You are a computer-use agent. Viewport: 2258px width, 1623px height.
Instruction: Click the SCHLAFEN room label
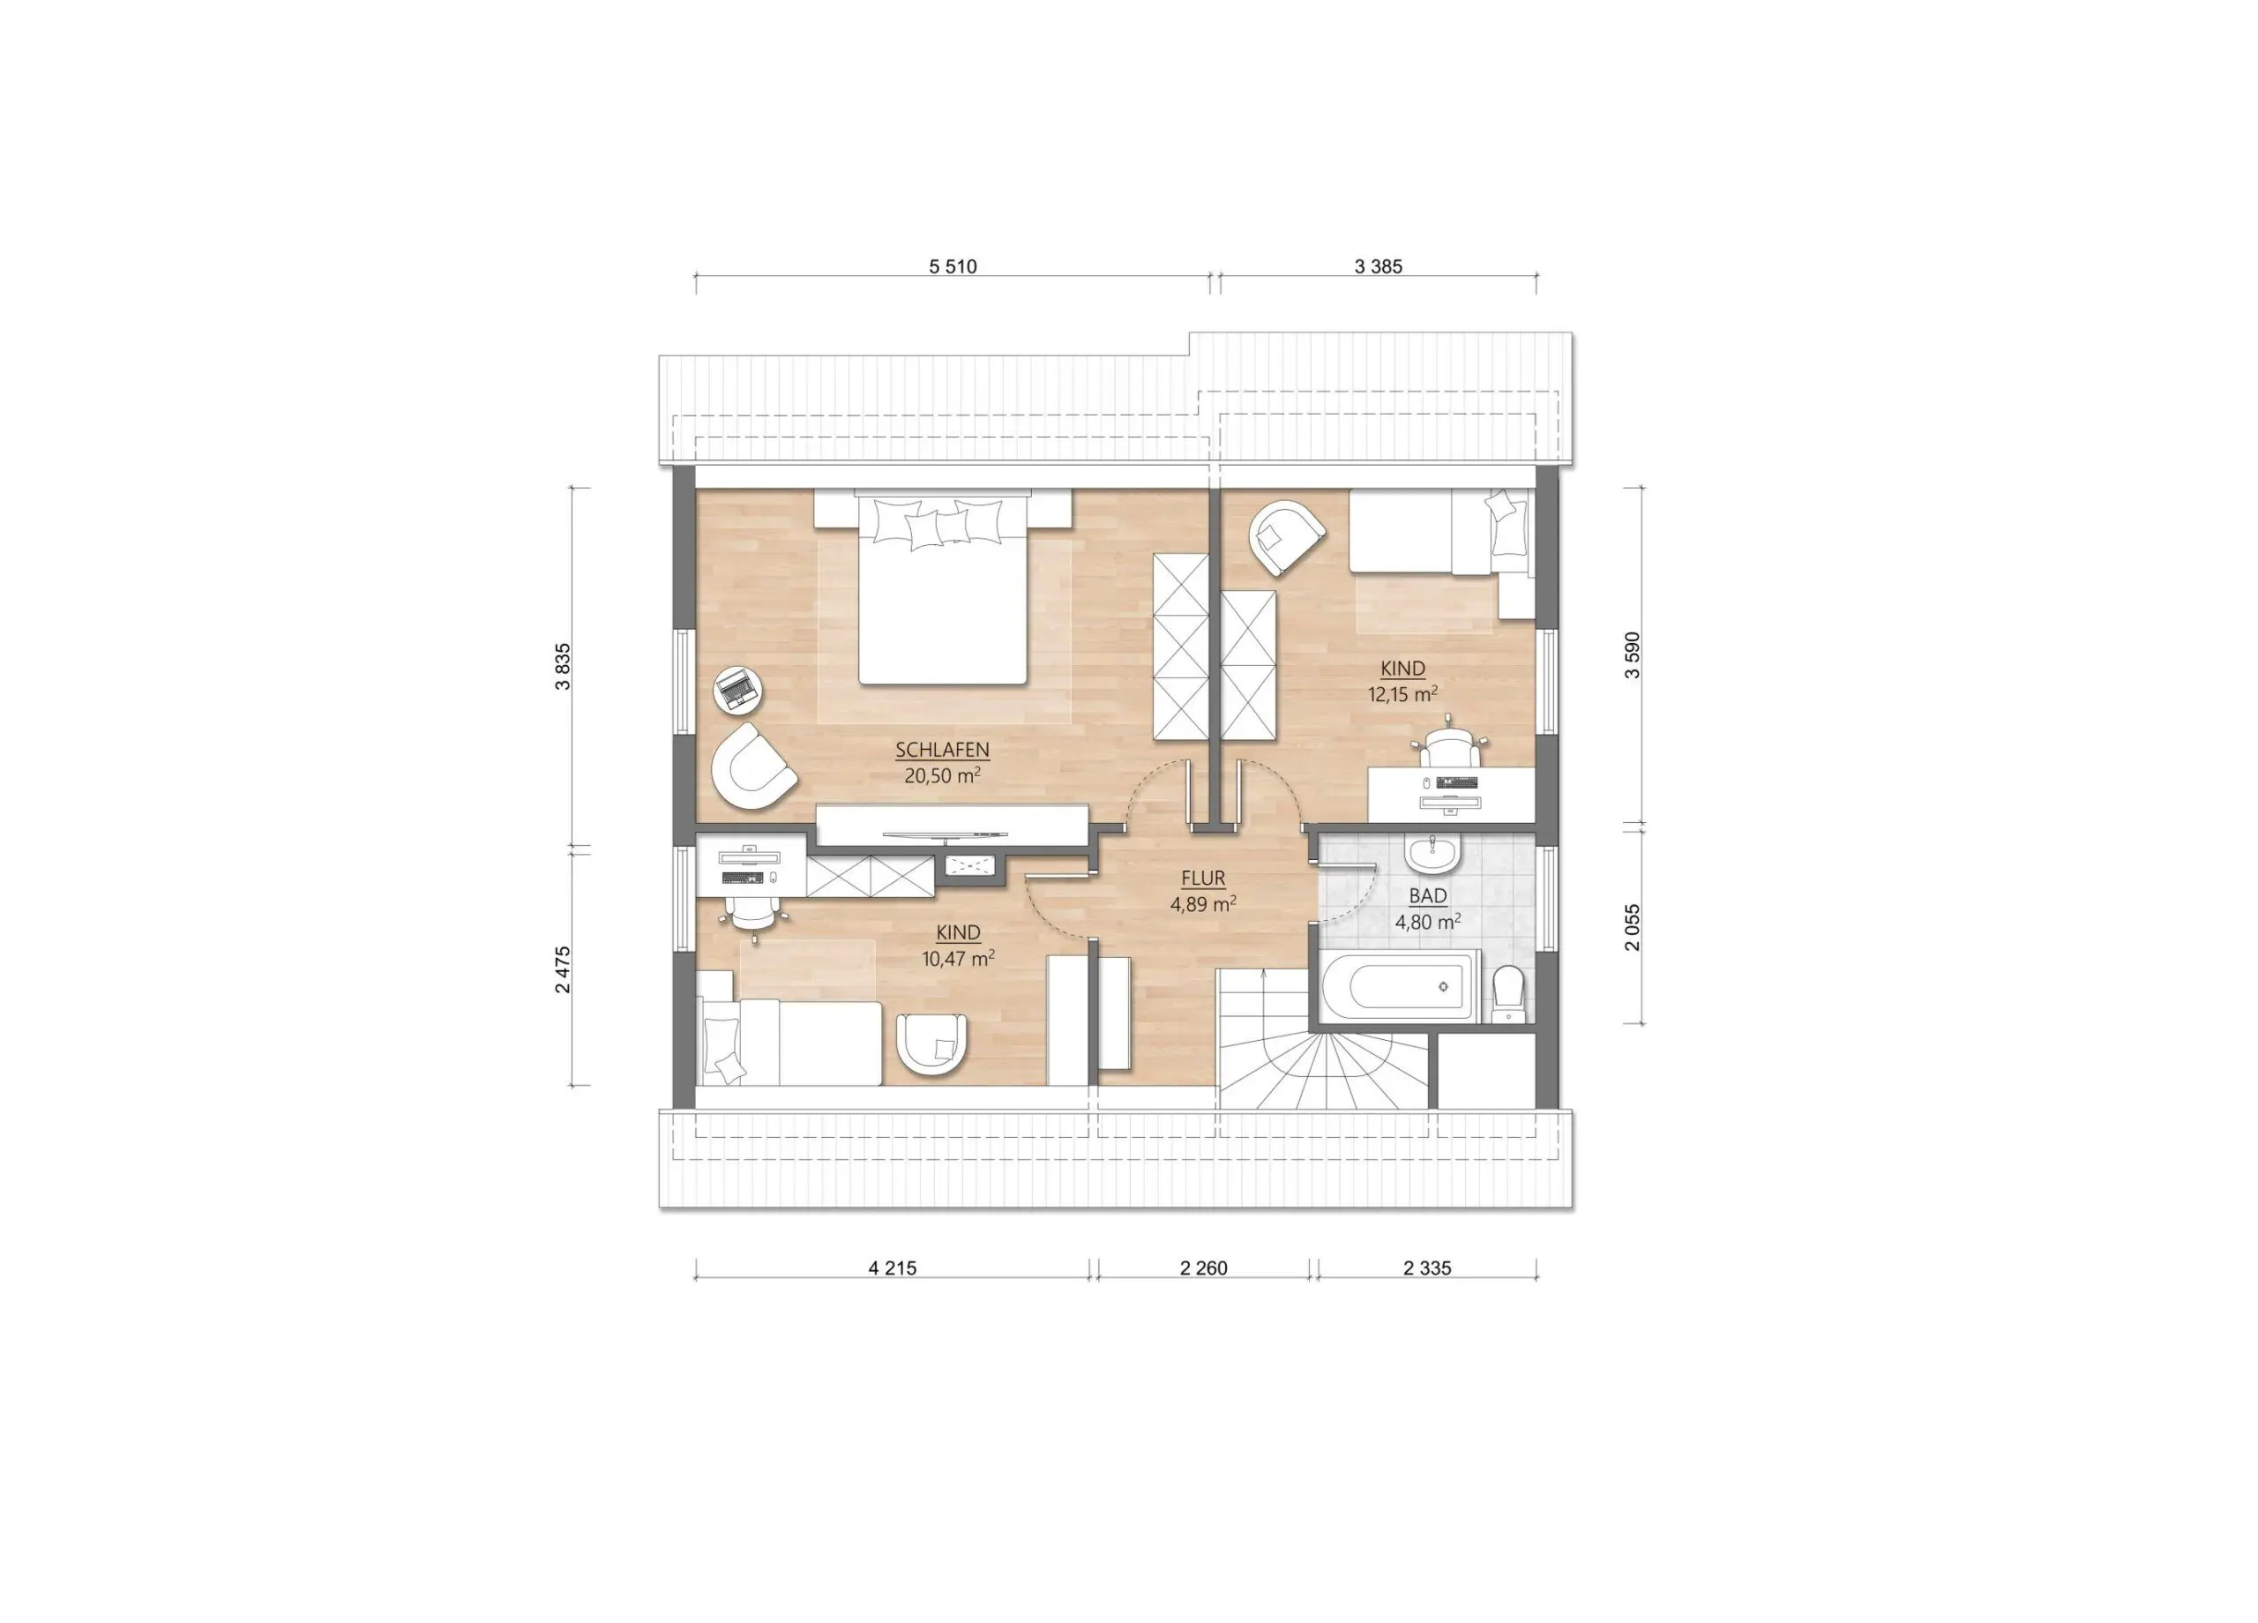click(942, 750)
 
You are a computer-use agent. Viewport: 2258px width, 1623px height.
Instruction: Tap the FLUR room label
click(1203, 879)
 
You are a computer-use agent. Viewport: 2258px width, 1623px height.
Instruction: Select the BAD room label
click(1428, 896)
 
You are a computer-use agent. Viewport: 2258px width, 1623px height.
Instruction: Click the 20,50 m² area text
click(942, 775)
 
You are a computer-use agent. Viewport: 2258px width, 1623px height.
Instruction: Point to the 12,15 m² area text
click(1402, 694)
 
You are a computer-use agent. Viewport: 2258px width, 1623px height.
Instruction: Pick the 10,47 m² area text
click(958, 958)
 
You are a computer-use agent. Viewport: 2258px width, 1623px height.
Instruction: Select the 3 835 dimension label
click(564, 667)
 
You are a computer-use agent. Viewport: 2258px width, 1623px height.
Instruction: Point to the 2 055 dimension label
click(1631, 927)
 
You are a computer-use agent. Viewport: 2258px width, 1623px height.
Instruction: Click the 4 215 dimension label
click(892, 1268)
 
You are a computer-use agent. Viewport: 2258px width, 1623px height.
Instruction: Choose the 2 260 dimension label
click(1204, 1268)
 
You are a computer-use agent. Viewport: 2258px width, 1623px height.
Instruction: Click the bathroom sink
click(1432, 851)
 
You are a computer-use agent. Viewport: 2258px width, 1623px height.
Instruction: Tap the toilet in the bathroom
click(1508, 990)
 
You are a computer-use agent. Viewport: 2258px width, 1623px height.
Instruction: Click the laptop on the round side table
click(736, 689)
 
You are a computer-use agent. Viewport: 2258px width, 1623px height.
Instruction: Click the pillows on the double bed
click(937, 522)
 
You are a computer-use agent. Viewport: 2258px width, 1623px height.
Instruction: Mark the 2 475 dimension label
click(564, 969)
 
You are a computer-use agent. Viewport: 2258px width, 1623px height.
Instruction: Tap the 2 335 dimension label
click(1426, 1268)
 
